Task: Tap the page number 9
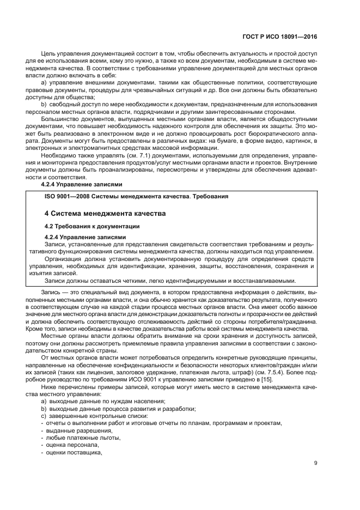click(316, 464)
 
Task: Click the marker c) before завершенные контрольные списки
click(43, 416)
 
